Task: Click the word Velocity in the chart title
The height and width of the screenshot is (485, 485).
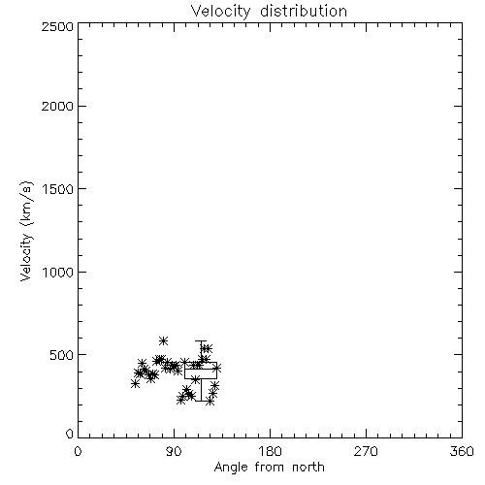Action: [221, 12]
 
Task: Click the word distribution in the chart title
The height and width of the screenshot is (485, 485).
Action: [304, 11]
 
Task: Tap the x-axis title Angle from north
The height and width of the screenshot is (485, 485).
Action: [269, 468]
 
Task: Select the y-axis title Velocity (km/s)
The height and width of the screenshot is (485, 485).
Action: [26, 232]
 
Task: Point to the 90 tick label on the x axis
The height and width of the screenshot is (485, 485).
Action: [174, 451]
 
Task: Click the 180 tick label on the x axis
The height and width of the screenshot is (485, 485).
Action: [270, 451]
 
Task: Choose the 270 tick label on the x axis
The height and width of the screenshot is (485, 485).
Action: [366, 451]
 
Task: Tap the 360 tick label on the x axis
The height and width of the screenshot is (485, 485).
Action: [462, 451]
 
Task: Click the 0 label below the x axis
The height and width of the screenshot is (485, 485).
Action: [78, 451]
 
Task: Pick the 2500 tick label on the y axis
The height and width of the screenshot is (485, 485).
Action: [58, 26]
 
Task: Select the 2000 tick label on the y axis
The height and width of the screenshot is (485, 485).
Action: [58, 106]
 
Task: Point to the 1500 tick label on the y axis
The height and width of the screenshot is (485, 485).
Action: [58, 189]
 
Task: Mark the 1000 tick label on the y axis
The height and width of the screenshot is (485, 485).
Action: [58, 272]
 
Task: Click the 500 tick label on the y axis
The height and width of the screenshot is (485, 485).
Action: [62, 355]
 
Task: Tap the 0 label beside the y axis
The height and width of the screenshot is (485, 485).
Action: [70, 434]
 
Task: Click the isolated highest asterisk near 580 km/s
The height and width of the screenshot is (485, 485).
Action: [163, 340]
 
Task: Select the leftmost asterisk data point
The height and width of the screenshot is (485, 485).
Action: [135, 383]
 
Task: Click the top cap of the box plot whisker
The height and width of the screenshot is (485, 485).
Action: [201, 340]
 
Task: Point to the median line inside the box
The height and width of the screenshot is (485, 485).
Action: [201, 369]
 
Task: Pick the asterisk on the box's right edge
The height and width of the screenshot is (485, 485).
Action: [217, 368]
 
